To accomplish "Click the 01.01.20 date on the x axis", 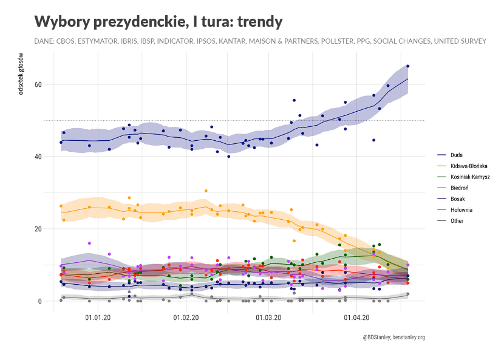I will coord(98,317).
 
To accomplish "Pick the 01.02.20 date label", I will coord(186,317).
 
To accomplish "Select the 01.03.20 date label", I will coord(268,317).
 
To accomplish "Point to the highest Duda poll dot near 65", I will coord(408,66).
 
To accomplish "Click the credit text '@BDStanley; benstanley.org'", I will coord(393,336).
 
